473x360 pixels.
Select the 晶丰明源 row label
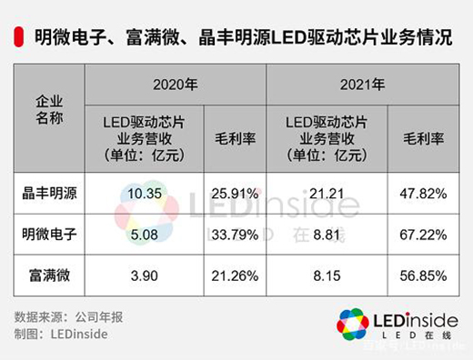(x=48, y=194)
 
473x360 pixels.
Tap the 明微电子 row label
(x=48, y=235)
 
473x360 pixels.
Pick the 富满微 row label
(x=48, y=276)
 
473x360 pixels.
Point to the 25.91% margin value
(x=235, y=194)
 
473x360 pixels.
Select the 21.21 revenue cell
(x=326, y=194)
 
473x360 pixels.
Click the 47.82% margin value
(x=422, y=194)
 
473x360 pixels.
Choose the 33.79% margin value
(x=235, y=235)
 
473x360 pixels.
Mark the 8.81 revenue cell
(x=326, y=235)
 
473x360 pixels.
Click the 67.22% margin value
(x=422, y=235)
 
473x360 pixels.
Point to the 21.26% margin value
(x=235, y=276)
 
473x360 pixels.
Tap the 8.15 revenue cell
(x=326, y=276)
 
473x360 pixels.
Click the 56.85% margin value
(x=422, y=276)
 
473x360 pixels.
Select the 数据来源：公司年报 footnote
(x=60, y=317)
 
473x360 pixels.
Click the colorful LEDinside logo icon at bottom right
(x=352, y=325)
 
